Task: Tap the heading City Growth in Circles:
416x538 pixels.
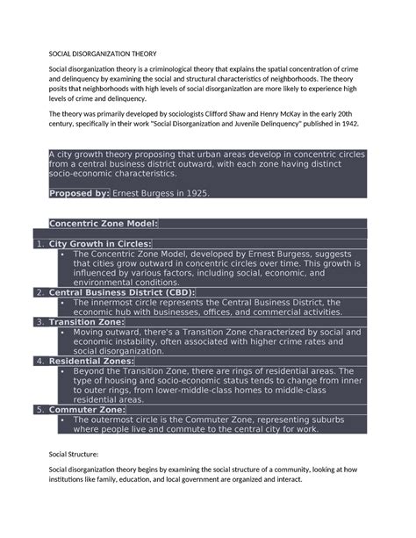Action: (100, 243)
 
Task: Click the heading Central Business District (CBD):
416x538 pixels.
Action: (122, 292)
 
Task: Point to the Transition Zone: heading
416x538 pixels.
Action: (86, 322)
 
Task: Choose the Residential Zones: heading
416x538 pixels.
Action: (91, 361)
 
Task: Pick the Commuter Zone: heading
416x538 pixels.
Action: (87, 409)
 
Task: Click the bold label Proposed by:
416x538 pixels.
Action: (79, 193)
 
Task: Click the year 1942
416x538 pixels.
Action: (371, 125)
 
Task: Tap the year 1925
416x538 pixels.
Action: (195, 193)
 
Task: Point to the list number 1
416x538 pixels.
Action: (39, 243)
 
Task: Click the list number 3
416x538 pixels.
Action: (39, 322)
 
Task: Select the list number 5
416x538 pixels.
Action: (39, 409)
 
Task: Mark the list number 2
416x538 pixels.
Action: (39, 292)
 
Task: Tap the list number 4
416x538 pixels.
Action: (39, 361)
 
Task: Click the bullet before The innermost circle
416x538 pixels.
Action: (64, 302)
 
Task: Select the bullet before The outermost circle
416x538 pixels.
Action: (64, 419)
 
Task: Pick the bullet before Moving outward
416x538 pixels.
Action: (64, 332)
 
